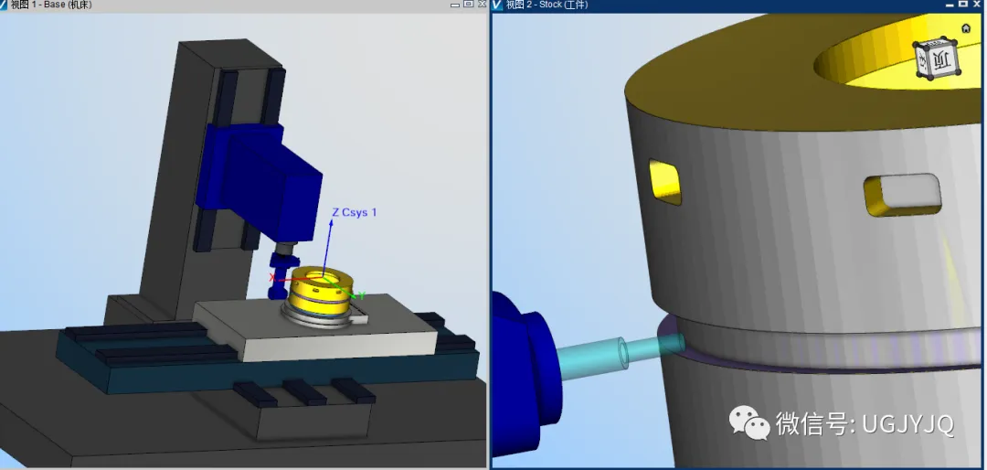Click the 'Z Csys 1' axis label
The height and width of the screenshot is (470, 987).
[x=355, y=212]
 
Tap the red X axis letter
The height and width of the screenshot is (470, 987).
[x=272, y=278]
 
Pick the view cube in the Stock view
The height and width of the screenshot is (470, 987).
[x=936, y=59]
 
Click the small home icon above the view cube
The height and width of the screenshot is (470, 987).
[x=966, y=28]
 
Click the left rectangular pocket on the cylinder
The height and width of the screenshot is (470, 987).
[x=665, y=182]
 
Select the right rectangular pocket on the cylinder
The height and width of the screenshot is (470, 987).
[x=903, y=196]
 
